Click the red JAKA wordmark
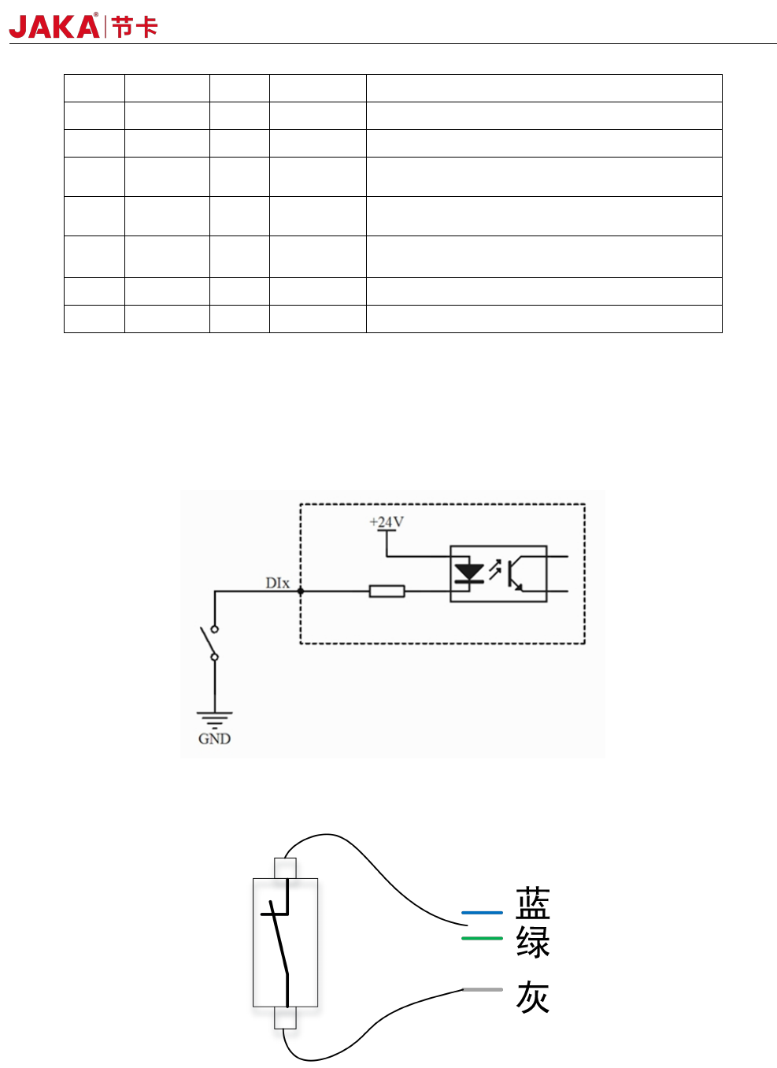pos(54,27)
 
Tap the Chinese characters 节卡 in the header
pos(135,28)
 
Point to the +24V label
pos(387,522)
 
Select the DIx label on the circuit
pos(277,583)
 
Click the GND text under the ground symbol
pos(214,739)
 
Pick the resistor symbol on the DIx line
pos(387,591)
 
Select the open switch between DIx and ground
pos(211,643)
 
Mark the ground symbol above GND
pos(214,718)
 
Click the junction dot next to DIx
pos(300,591)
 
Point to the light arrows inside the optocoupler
pos(494,569)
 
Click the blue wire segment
pos(482,913)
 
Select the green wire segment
pos(482,938)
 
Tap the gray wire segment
pos(483,989)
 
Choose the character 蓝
pos(533,904)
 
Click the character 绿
pos(533,942)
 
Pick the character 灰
pos(533,997)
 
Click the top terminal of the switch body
pos(285,868)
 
